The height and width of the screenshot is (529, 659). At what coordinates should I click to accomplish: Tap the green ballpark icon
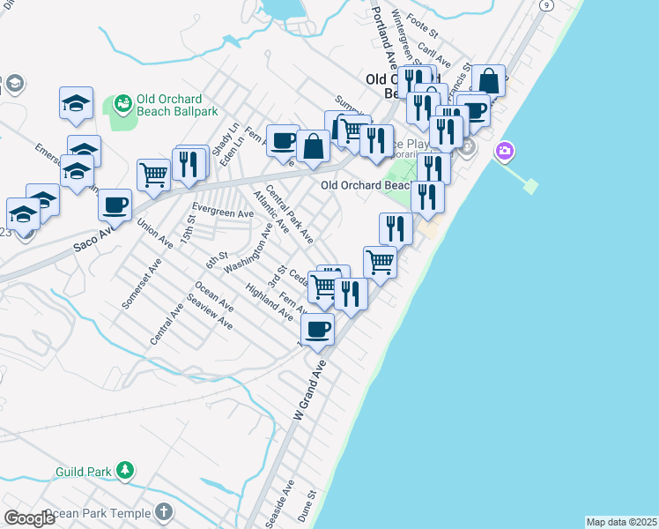122,105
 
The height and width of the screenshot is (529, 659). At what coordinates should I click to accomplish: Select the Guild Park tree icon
126,471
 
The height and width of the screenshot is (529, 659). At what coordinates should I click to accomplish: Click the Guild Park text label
83,472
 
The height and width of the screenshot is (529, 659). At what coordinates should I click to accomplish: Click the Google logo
29,518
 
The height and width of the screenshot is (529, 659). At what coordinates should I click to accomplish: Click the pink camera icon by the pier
505,151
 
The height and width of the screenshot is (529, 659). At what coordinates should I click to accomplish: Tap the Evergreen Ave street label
223,212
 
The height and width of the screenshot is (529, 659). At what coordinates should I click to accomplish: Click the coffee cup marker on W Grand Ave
317,330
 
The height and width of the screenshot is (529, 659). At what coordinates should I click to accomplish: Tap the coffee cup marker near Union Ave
115,205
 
